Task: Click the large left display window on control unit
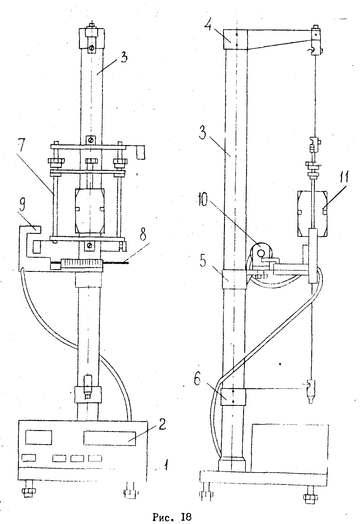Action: [39, 437]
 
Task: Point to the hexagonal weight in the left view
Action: [90, 211]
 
